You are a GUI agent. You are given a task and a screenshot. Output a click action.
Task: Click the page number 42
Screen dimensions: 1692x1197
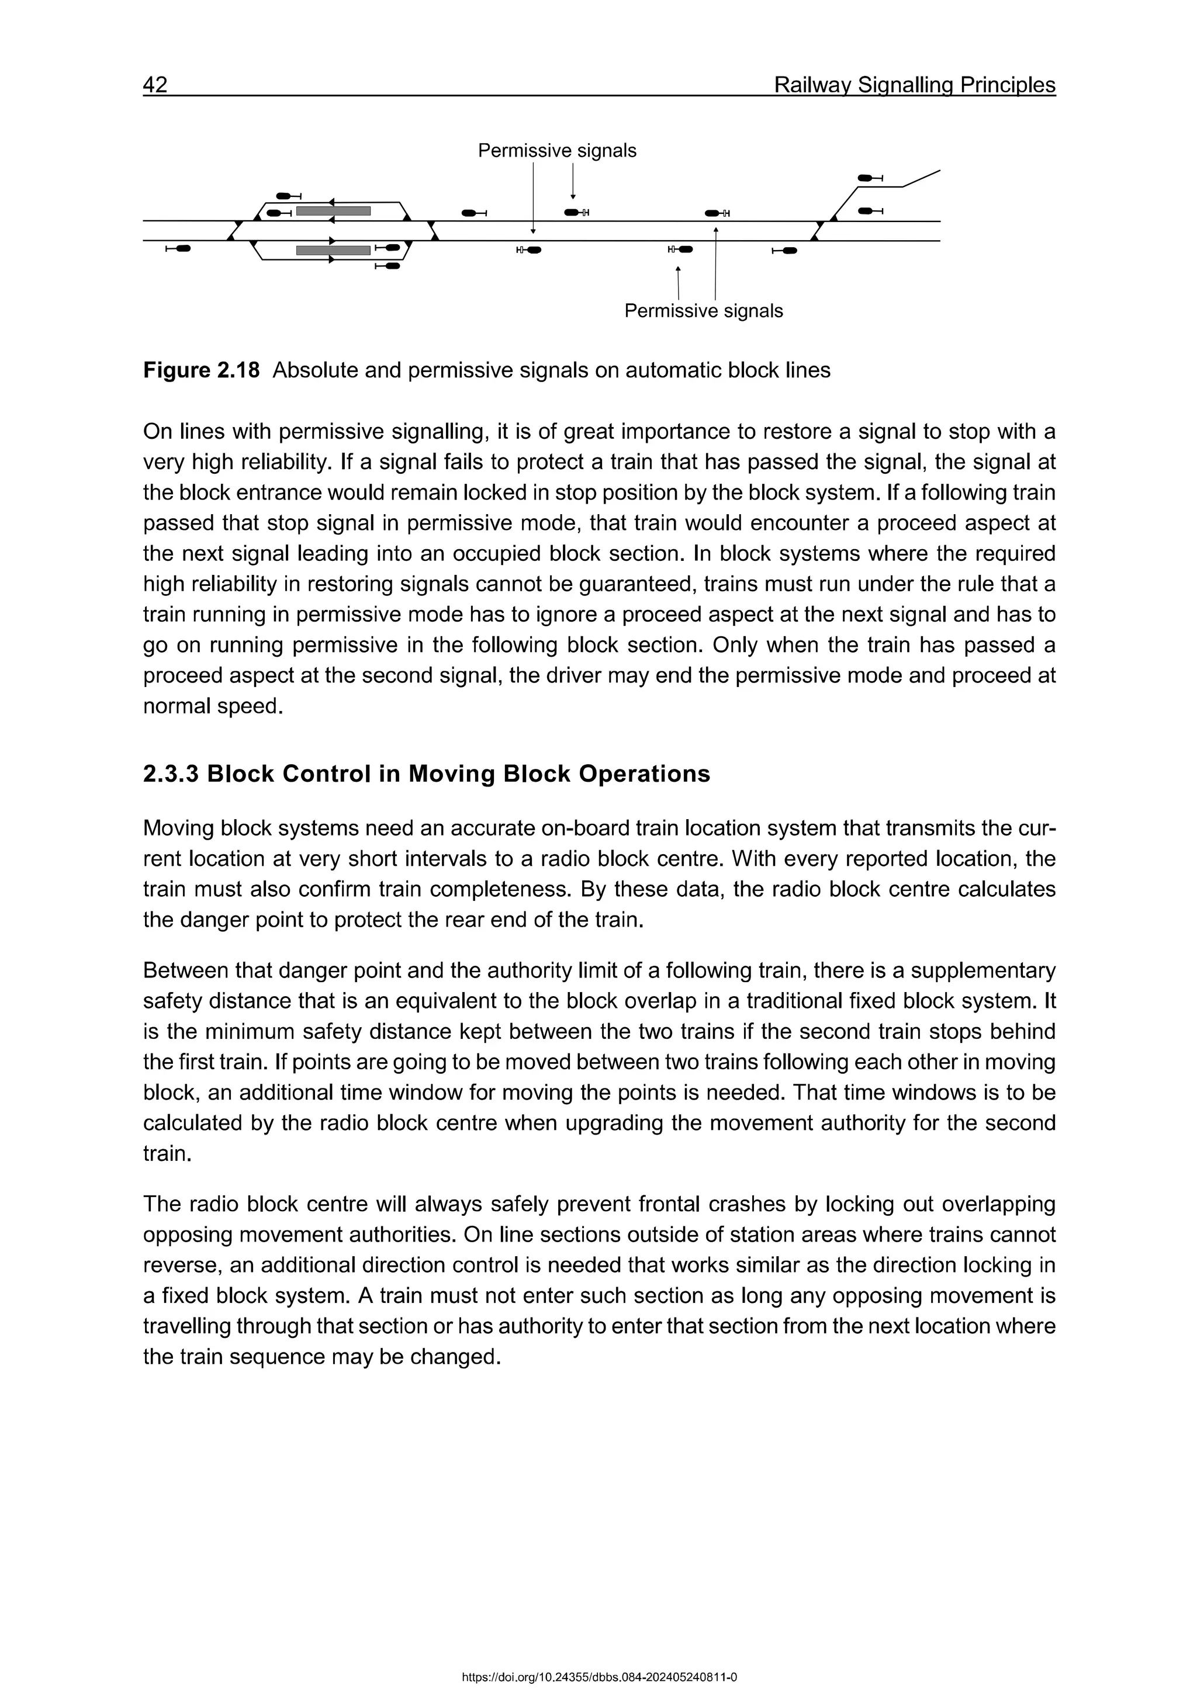[155, 85]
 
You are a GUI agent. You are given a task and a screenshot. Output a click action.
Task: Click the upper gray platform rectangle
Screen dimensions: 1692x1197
[333, 211]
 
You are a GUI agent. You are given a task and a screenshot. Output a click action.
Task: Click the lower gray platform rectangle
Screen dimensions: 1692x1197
[333, 251]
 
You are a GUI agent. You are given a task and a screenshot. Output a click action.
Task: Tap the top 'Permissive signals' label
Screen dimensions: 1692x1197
[556, 151]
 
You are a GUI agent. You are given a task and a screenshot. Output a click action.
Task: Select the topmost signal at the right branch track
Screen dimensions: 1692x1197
[870, 178]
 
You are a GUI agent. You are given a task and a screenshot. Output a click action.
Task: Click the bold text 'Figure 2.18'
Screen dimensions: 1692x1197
[201, 370]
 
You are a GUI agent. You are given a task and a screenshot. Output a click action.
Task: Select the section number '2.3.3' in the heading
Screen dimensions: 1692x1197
[171, 774]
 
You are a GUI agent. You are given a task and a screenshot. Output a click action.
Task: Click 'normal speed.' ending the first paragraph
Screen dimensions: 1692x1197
[213, 706]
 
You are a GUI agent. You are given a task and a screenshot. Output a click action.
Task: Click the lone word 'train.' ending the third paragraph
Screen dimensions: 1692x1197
[167, 1153]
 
